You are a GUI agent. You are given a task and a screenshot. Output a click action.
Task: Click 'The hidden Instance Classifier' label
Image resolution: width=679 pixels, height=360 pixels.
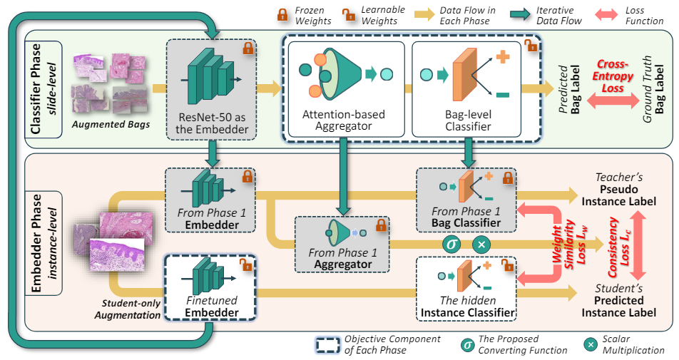(x=467, y=306)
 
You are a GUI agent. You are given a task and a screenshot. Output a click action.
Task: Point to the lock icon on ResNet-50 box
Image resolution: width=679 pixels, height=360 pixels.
(x=247, y=48)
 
